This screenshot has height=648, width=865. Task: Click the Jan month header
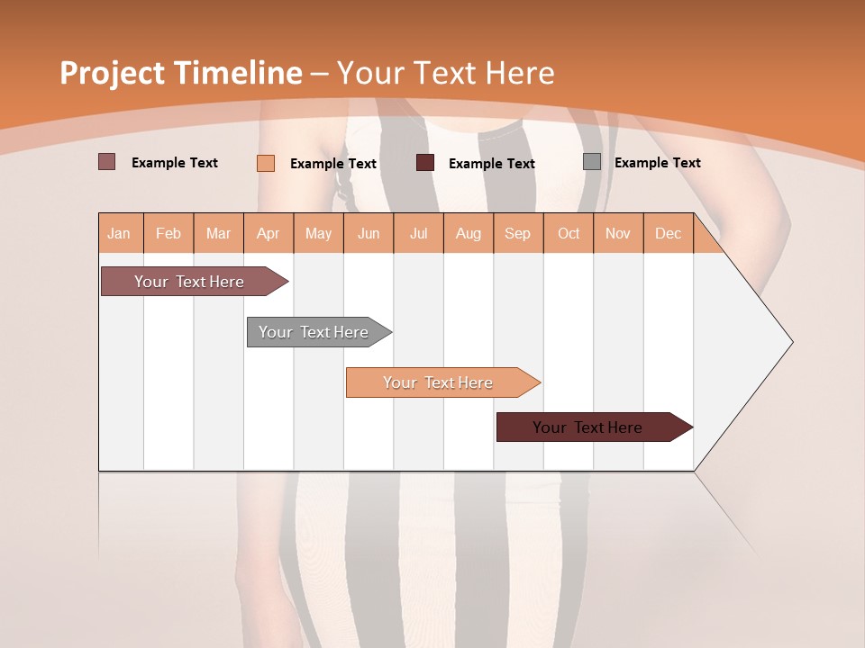click(119, 234)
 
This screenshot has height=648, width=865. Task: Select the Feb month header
click(168, 234)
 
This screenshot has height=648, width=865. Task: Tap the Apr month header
click(268, 234)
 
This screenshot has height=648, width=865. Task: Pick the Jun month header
click(369, 234)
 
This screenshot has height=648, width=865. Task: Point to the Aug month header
click(468, 234)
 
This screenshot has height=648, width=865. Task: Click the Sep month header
click(517, 234)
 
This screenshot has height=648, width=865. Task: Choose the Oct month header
click(569, 234)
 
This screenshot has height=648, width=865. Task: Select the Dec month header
click(668, 234)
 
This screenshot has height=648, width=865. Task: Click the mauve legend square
click(106, 162)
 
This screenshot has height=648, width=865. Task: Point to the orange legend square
click(265, 163)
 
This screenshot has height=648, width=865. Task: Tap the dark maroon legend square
click(424, 163)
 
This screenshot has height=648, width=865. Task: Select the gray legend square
click(591, 162)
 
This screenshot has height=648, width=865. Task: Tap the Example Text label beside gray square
click(657, 163)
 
